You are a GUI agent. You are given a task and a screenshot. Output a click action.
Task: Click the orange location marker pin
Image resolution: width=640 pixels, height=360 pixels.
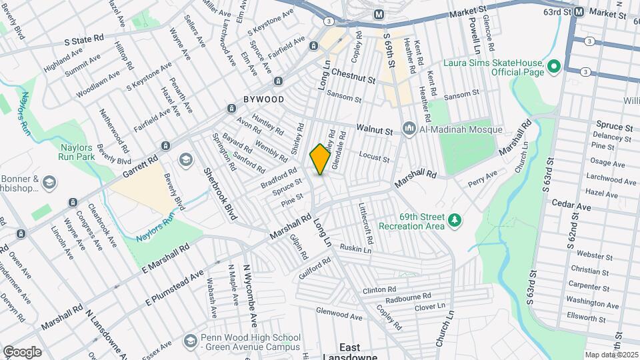[x=320, y=159]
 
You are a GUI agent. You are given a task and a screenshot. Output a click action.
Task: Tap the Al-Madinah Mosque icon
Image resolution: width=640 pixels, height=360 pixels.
[x=408, y=127]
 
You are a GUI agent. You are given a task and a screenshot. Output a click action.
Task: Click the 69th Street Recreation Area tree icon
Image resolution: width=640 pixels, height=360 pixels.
[x=455, y=219]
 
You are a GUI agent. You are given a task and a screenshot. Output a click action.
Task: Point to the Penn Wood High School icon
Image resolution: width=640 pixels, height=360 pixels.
[x=191, y=340]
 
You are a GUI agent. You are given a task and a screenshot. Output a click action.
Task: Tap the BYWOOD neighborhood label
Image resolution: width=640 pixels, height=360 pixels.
[x=263, y=99]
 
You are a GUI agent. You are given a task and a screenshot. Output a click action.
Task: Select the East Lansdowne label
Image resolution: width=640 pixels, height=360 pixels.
[x=349, y=352]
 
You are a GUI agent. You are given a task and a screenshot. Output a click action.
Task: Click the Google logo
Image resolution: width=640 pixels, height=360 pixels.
[x=22, y=351]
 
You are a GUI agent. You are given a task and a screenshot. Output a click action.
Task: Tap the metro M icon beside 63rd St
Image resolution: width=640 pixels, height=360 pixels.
[x=579, y=11]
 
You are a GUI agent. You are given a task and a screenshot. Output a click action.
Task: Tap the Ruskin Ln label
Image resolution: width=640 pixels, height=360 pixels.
[x=354, y=249]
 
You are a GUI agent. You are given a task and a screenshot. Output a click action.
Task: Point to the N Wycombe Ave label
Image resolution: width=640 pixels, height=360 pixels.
[x=249, y=293]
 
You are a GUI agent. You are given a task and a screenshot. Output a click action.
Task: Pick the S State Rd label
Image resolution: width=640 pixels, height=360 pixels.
[x=85, y=39]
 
